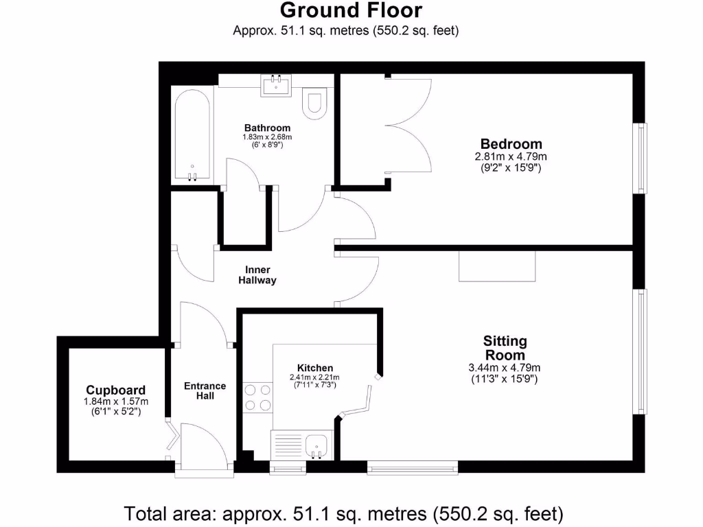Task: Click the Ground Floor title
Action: (x=351, y=10)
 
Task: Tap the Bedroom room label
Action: (x=511, y=144)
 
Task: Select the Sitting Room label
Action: (x=505, y=348)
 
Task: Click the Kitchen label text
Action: (x=315, y=368)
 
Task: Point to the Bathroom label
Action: (x=267, y=128)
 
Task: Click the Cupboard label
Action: (x=115, y=390)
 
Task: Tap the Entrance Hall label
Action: (x=205, y=390)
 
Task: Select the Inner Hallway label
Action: (x=257, y=274)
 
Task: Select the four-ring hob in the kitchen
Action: (x=257, y=397)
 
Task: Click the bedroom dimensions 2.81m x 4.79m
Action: (x=511, y=157)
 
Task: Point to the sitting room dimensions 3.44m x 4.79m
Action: (x=505, y=368)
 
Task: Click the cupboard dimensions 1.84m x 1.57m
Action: (x=115, y=401)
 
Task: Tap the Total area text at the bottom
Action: (x=343, y=513)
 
